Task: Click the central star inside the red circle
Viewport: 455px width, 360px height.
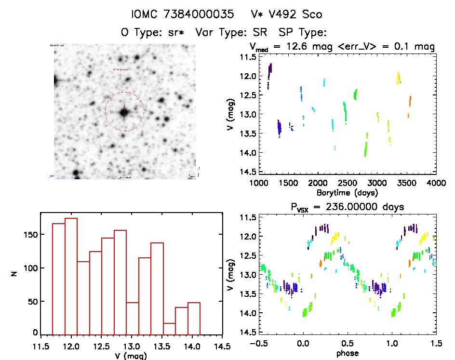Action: [x=124, y=112]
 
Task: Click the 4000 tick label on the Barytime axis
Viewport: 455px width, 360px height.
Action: [x=436, y=183]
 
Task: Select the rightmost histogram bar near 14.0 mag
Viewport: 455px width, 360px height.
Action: [x=194, y=318]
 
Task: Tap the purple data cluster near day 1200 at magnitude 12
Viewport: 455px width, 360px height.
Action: [x=270, y=71]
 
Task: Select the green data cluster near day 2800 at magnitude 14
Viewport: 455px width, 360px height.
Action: [x=366, y=147]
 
